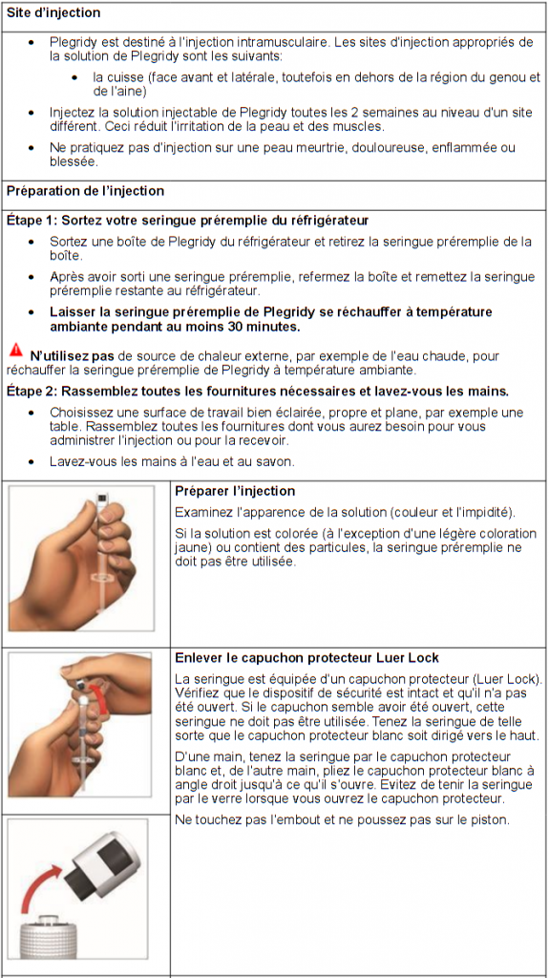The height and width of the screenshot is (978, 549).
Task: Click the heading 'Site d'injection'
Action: pyautogui.click(x=53, y=13)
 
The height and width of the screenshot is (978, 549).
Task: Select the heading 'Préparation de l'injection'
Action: pyautogui.click(x=85, y=191)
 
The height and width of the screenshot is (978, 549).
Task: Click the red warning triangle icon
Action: pyautogui.click(x=15, y=351)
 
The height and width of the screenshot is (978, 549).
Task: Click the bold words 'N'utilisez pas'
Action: pyautogui.click(x=72, y=356)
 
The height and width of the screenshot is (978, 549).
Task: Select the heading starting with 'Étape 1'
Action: pyautogui.click(x=187, y=220)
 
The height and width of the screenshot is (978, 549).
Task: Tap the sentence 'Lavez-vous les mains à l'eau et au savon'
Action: pyautogui.click(x=172, y=461)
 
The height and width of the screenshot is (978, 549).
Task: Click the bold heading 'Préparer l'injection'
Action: pyautogui.click(x=235, y=491)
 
